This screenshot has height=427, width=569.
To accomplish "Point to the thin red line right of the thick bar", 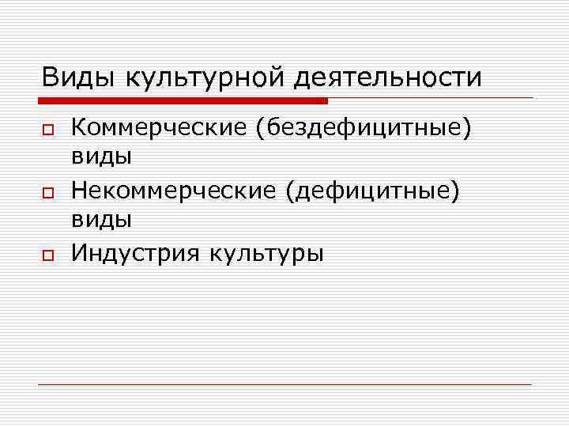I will (431, 98).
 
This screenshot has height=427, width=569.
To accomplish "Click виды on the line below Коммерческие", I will (101, 158).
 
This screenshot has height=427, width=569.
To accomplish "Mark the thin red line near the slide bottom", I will (284, 384).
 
